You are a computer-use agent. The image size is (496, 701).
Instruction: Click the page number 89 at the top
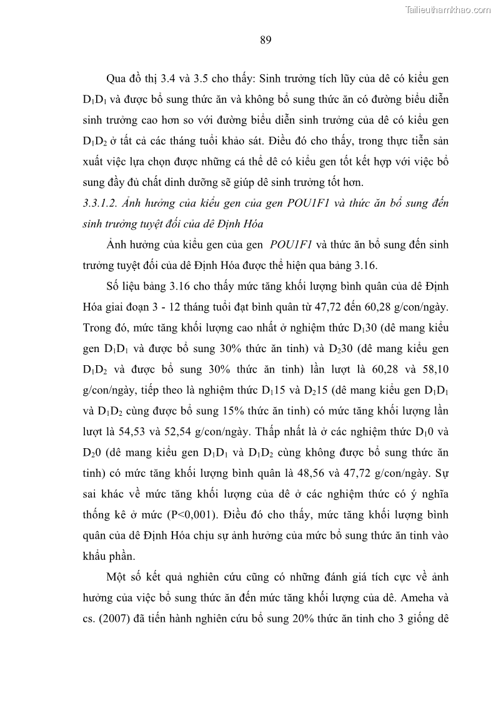coord(265,41)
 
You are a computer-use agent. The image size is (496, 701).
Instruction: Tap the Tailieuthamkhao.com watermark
coord(448,9)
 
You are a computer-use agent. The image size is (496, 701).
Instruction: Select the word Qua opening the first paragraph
coord(117,79)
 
